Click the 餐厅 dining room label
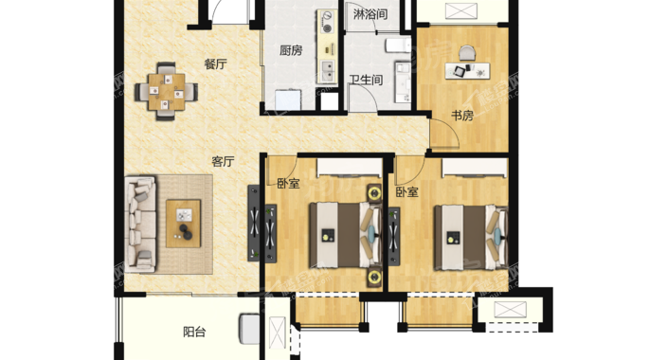tap(216, 64)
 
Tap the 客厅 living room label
tap(223, 162)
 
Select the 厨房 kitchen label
tap(291, 50)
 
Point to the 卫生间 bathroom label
tap(366, 80)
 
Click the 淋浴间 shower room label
tap(370, 14)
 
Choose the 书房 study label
tap(462, 116)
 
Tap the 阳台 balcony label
tap(194, 332)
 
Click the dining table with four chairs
tap(167, 92)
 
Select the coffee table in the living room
tap(184, 224)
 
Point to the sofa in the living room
tap(140, 225)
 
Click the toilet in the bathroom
tap(398, 45)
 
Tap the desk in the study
tap(467, 71)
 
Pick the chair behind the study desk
tap(467, 53)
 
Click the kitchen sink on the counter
tap(327, 71)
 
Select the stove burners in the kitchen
tap(327, 22)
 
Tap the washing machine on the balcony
tap(249, 329)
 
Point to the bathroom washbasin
tap(403, 82)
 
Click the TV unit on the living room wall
tap(254, 223)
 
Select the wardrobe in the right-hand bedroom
tap(475, 168)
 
